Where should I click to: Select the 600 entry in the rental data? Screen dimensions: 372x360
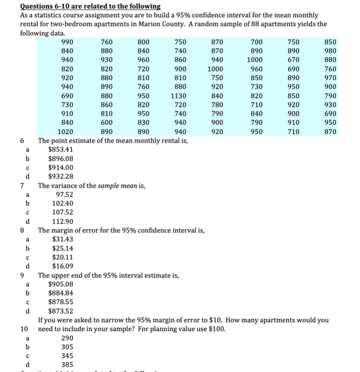(x=107, y=123)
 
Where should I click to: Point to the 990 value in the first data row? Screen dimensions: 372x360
(x=67, y=42)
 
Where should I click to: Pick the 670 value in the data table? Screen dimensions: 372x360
(x=293, y=60)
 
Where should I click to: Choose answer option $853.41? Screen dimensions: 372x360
(x=60, y=150)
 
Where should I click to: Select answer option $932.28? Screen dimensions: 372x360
(x=60, y=176)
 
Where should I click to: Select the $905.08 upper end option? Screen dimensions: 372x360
(x=60, y=284)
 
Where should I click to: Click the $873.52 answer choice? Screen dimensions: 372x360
(x=60, y=311)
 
